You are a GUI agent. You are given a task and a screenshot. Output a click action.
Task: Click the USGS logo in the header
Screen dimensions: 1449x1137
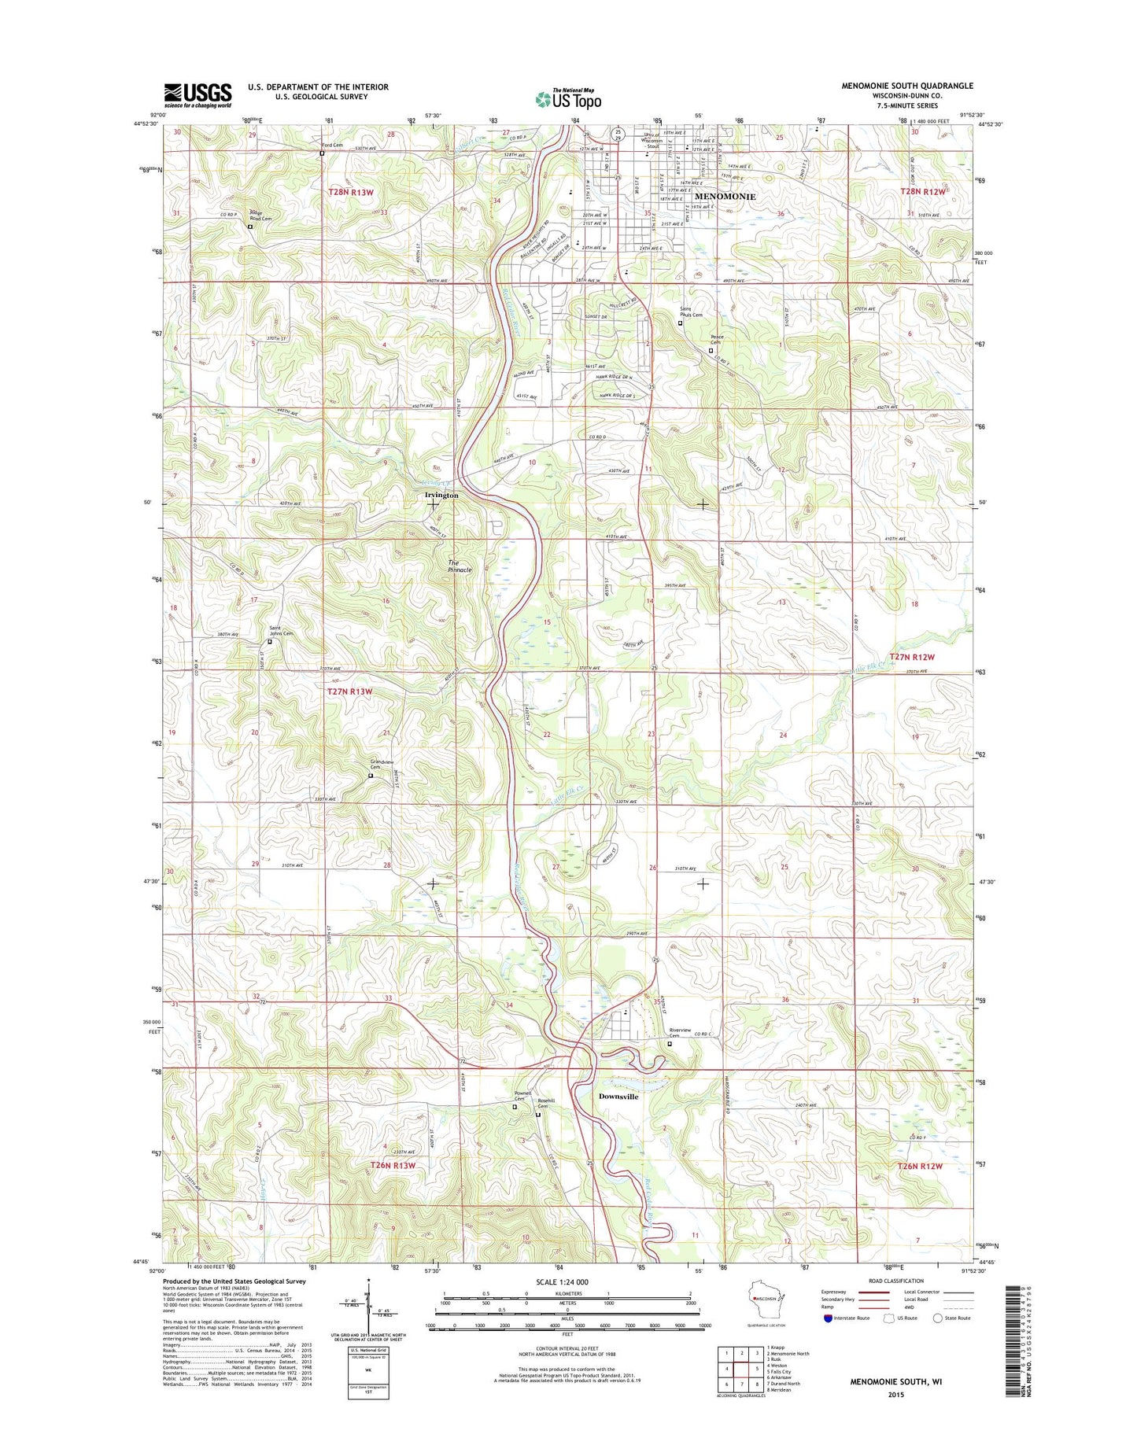tap(197, 95)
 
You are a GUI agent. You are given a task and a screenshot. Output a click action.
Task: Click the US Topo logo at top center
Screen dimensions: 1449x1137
tap(568, 98)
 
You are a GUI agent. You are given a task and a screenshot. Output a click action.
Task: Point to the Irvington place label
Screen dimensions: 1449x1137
tap(441, 495)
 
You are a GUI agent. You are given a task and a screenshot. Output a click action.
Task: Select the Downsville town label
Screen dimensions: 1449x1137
tap(618, 1096)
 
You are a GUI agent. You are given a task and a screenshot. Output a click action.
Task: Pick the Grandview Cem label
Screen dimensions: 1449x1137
tap(382, 764)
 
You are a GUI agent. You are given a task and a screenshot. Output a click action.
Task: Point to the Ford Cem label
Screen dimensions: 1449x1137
tap(331, 145)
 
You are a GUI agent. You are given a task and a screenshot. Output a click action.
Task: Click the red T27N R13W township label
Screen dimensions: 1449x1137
tap(349, 691)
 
